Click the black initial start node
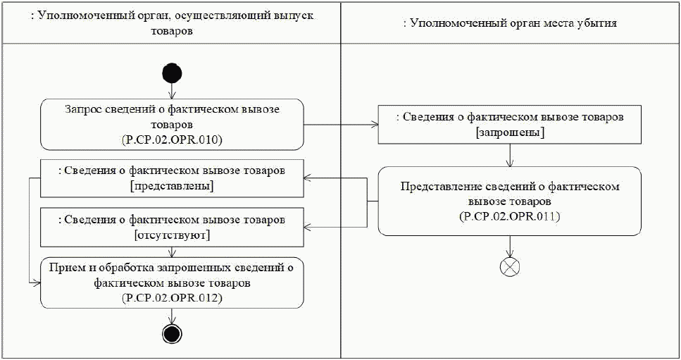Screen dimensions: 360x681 click(172, 73)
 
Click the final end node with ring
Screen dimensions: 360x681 click(172, 333)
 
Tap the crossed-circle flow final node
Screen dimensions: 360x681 click(509, 267)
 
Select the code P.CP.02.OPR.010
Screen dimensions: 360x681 click(172, 140)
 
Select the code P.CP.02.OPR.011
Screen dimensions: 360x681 click(509, 216)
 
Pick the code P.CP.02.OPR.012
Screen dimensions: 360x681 click(172, 298)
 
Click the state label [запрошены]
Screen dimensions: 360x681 click(510, 133)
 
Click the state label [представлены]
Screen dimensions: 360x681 click(172, 186)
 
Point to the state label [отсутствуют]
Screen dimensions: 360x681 click(172, 235)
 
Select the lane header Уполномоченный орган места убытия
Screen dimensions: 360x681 click(510, 23)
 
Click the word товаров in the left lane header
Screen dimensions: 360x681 click(172, 32)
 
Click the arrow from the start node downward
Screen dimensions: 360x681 click(172, 91)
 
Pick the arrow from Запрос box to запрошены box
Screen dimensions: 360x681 click(342, 125)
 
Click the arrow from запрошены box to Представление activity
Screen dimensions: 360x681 click(510, 156)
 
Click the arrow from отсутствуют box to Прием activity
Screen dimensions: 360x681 click(172, 251)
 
